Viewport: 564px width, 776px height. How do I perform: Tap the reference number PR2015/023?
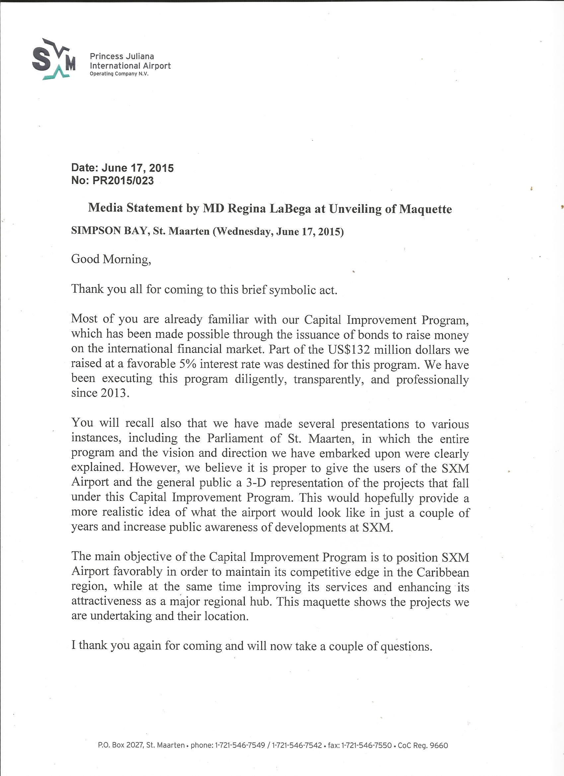pyautogui.click(x=123, y=180)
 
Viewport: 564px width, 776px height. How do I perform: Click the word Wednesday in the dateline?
pyautogui.click(x=245, y=232)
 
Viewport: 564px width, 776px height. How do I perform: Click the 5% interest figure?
pyautogui.click(x=187, y=364)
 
